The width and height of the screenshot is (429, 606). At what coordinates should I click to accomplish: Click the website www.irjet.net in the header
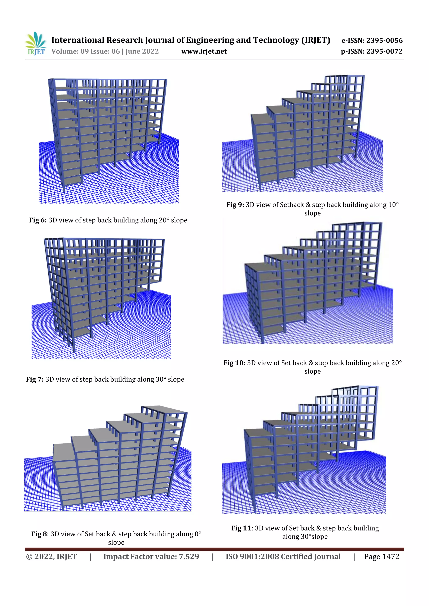[204, 51]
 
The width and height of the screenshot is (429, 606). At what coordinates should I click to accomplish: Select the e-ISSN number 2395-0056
[384, 40]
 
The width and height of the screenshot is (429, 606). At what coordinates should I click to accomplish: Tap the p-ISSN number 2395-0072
[384, 51]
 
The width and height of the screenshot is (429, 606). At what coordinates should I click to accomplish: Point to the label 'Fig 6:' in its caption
[38, 220]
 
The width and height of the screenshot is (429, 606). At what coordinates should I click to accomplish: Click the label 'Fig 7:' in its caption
[35, 379]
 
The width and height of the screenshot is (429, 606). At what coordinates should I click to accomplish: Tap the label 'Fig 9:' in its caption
[235, 205]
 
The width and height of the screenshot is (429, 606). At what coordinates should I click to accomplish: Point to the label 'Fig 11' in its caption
[241, 528]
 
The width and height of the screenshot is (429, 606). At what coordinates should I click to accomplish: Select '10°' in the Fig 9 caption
[393, 205]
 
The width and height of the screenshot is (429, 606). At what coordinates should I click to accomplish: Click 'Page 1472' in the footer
[381, 557]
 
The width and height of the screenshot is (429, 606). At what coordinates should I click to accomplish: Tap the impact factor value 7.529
[189, 557]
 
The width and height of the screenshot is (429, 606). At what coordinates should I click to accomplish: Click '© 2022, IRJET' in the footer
[51, 557]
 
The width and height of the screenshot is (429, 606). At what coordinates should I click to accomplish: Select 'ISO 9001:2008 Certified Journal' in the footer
[283, 557]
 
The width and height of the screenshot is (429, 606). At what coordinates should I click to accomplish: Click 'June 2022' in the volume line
[142, 51]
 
